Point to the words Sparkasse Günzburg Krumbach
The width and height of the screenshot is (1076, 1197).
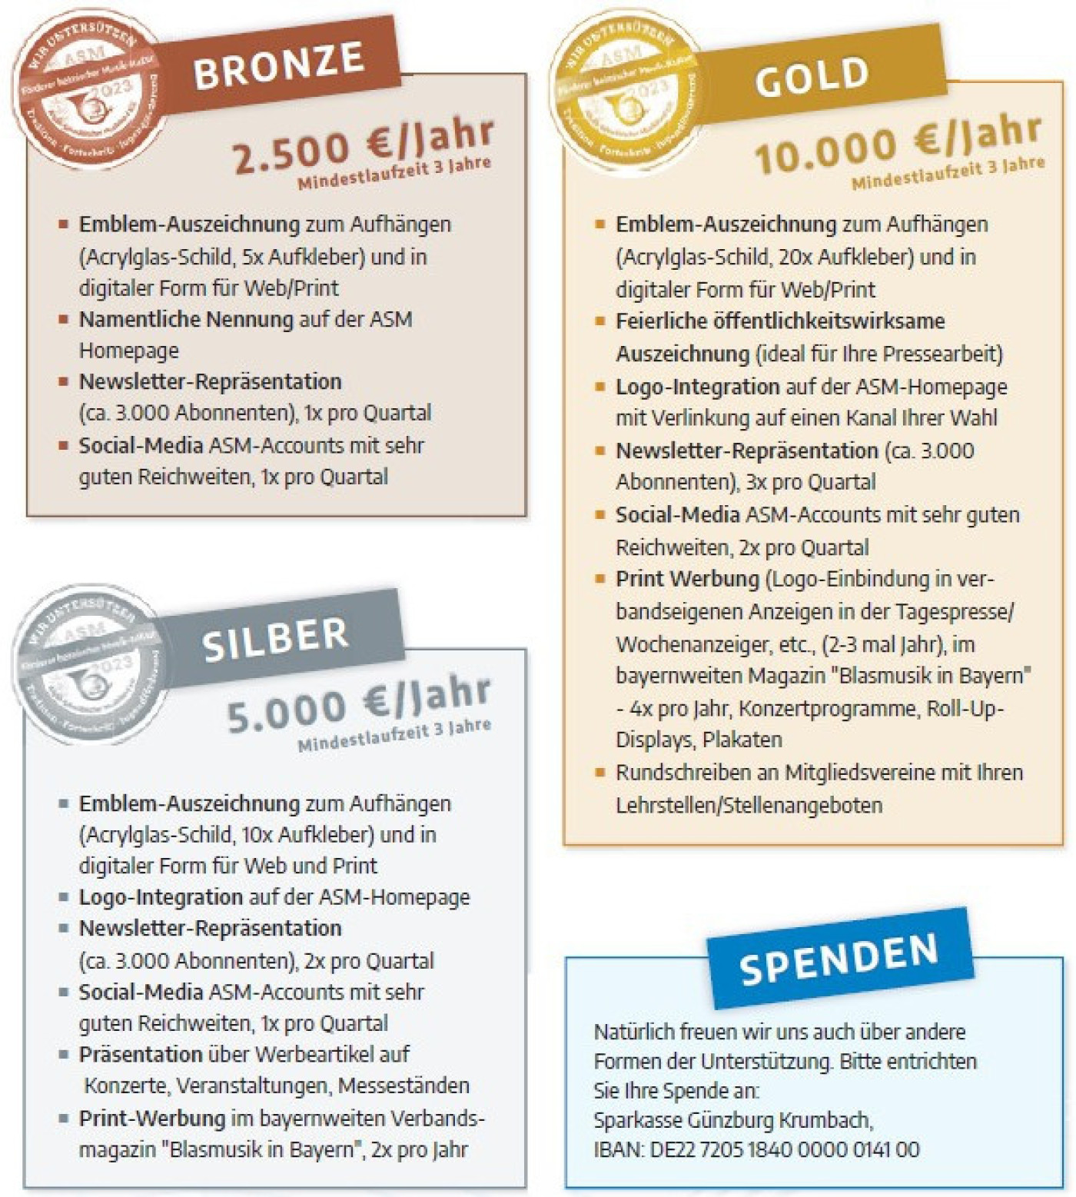[x=733, y=1119]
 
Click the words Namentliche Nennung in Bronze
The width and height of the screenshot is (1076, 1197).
[x=186, y=319]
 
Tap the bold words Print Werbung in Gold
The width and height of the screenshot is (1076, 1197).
[x=687, y=579]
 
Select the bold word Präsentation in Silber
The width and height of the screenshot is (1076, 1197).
[x=140, y=1054]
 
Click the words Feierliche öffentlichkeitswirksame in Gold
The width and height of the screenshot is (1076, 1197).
[x=779, y=321]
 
